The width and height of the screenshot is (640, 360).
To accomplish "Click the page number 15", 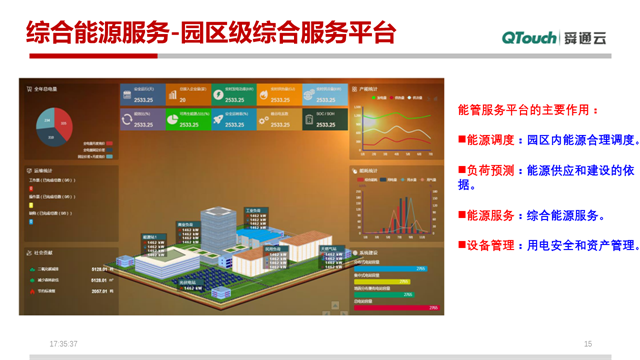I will pyautogui.click(x=588, y=344).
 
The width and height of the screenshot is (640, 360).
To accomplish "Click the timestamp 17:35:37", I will pyautogui.click(x=63, y=344).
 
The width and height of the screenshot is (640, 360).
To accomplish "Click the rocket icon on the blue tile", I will pyautogui.click(x=219, y=120).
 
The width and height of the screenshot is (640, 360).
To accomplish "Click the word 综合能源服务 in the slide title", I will pyautogui.click(x=94, y=33).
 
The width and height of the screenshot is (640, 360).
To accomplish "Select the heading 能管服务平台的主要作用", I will pyautogui.click(x=527, y=109).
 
